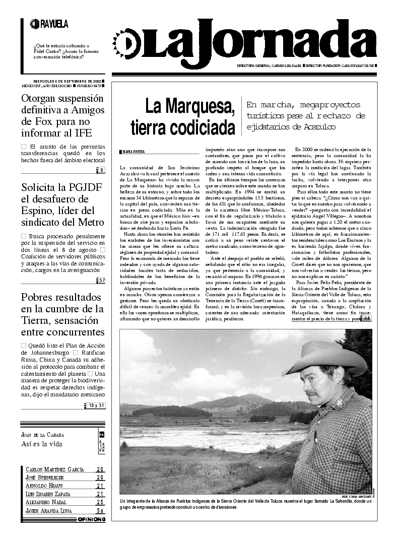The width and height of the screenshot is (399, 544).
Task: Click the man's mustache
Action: [314, 393]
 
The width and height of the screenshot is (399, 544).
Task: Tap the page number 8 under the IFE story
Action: [102, 170]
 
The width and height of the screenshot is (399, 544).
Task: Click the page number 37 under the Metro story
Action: [101, 281]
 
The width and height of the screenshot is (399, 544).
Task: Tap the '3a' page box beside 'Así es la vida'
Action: [101, 445]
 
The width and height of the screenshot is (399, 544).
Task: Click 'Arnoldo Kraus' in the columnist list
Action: [45, 486]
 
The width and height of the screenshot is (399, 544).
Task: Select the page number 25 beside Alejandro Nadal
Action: [100, 502]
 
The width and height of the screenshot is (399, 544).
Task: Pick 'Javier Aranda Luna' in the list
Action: [51, 511]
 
